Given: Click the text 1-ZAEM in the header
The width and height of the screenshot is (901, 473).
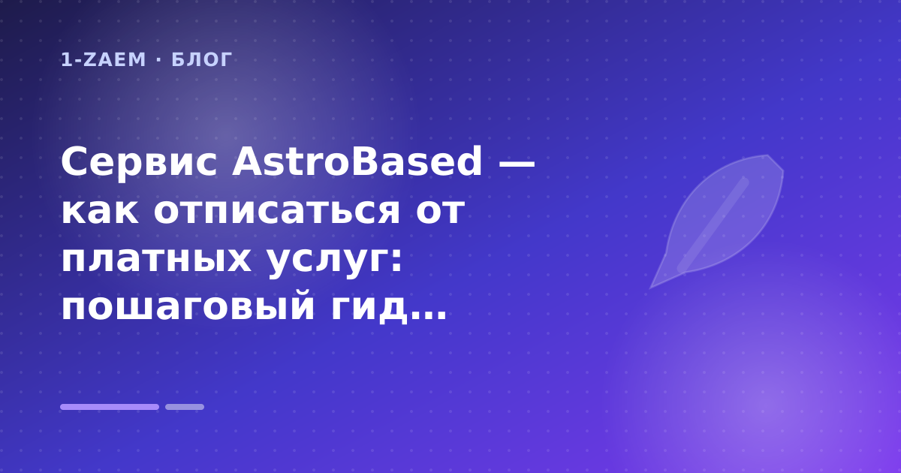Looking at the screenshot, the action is [103, 60].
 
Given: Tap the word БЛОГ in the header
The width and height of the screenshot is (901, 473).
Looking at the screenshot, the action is [202, 60].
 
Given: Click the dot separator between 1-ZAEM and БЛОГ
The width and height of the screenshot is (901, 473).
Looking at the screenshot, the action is [158, 60].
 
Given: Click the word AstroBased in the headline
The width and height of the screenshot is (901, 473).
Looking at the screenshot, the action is [357, 161].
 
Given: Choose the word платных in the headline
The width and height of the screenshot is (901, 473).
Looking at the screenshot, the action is [156, 260].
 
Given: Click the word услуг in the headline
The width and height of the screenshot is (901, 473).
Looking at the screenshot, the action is [328, 262].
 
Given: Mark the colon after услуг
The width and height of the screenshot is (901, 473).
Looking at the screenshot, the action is [396, 261].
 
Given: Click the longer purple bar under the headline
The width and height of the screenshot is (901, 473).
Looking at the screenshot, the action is [110, 407].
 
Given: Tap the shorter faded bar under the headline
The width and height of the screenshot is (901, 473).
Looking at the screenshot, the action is [185, 407].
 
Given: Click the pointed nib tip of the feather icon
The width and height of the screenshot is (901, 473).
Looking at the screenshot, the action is [650, 288].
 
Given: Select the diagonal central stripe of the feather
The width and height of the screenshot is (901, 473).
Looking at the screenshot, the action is [713, 224].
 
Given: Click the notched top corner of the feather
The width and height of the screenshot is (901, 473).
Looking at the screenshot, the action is [768, 155].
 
